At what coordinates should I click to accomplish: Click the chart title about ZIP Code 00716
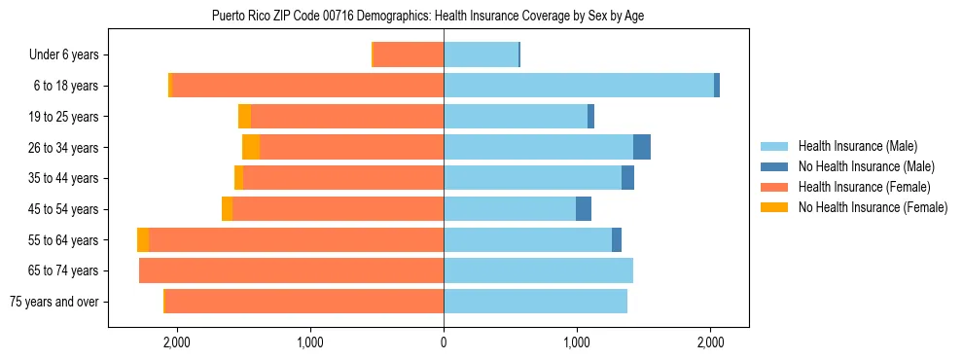428,16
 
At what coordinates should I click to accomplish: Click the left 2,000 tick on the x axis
176,342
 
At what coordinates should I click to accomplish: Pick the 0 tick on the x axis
444,342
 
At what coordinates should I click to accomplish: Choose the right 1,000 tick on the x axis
577,342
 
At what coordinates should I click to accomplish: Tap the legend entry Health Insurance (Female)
864,187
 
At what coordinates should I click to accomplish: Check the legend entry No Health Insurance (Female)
873,207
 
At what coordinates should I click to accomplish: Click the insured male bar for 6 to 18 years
579,86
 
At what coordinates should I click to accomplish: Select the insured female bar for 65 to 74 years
292,270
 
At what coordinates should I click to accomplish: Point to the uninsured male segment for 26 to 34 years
642,147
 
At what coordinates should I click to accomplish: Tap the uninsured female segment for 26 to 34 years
251,147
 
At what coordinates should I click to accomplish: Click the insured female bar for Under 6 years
409,54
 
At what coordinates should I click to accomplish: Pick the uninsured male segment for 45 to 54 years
584,209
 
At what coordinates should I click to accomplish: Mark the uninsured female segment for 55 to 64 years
143,239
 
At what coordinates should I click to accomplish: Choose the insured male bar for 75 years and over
535,302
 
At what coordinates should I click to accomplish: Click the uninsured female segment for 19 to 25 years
244,117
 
